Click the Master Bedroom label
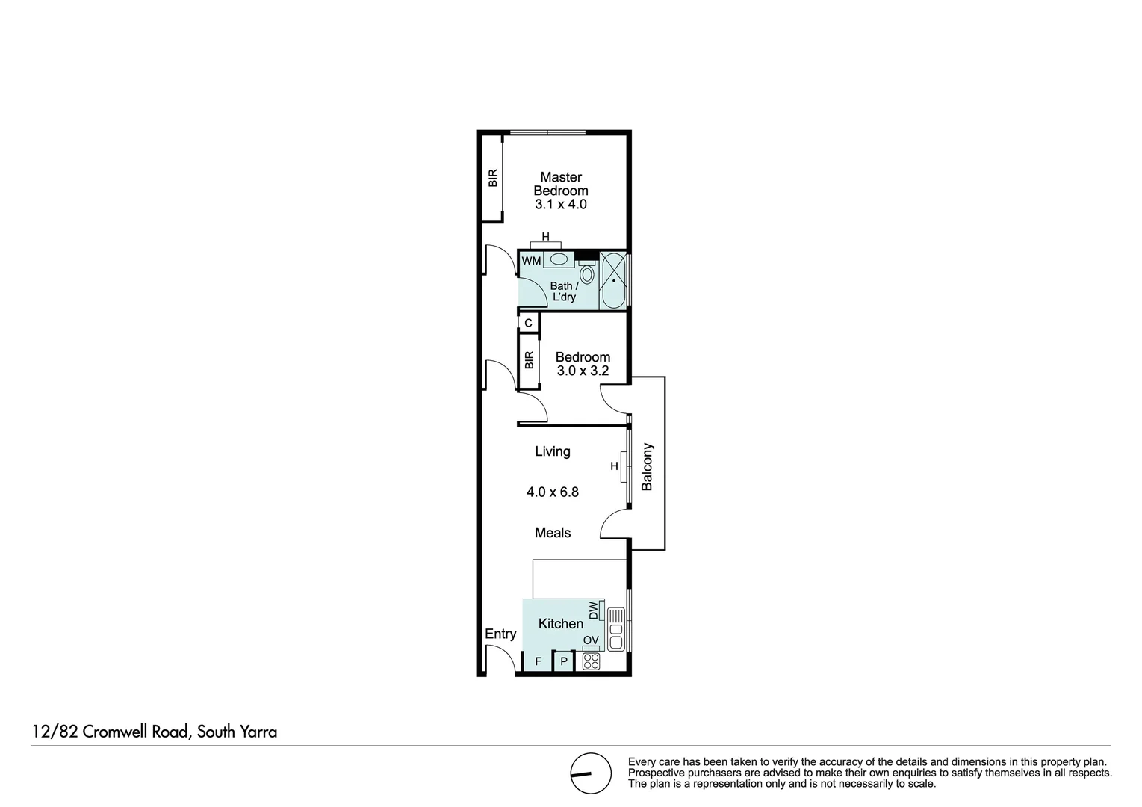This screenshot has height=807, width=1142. (560, 184)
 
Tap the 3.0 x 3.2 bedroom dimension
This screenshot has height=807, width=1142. (583, 371)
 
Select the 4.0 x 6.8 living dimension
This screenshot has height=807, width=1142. (552, 492)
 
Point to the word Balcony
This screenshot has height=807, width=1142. (647, 467)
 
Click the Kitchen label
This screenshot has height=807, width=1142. (560, 623)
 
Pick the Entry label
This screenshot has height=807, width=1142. (500, 634)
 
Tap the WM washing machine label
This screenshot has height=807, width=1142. (531, 261)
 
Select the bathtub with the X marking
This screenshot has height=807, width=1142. (614, 281)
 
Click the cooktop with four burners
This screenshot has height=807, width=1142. (591, 661)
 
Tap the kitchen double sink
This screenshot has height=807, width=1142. (616, 629)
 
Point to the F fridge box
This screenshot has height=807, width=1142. (538, 661)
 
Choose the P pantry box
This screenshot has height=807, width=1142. (564, 661)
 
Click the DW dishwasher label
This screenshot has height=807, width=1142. (594, 610)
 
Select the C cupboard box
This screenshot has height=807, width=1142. (529, 323)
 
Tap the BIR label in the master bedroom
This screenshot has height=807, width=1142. (492, 178)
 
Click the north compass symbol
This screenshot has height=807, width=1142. (591, 773)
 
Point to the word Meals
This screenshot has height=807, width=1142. (552, 533)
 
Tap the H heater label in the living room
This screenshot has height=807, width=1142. (614, 466)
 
